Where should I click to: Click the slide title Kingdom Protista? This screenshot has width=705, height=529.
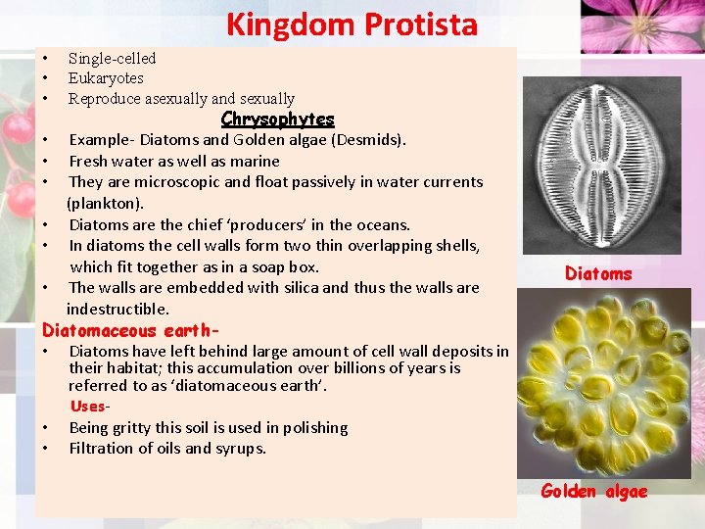tap(352, 24)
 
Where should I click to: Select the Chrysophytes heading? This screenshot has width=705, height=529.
tap(277, 119)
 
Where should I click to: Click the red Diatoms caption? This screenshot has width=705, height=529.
tap(598, 274)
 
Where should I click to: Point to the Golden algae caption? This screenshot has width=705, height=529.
tap(593, 492)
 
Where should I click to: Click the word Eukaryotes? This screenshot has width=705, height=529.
tap(106, 78)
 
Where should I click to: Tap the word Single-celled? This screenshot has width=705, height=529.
tap(112, 58)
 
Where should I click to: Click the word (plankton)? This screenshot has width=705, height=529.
tap(105, 203)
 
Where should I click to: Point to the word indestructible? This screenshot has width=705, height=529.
tap(117, 309)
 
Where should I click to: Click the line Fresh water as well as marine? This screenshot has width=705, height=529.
tap(174, 161)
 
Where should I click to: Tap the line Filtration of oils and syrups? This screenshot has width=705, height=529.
tap(167, 449)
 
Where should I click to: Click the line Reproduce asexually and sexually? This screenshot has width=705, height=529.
tap(181, 99)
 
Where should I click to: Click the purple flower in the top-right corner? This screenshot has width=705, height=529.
tap(641, 24)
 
